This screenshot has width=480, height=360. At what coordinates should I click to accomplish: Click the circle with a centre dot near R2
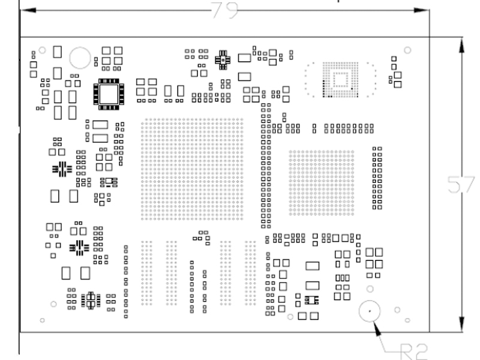coord(370,311)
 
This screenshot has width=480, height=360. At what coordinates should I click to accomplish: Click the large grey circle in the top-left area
coord(80,58)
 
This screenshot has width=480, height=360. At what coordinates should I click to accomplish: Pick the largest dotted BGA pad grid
coord(192,169)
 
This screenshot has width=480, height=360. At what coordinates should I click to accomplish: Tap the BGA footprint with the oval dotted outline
coord(340,79)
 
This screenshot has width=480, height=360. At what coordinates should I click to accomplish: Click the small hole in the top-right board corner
coord(408,50)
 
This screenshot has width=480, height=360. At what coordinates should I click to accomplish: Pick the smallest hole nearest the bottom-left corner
coord(41,319)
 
